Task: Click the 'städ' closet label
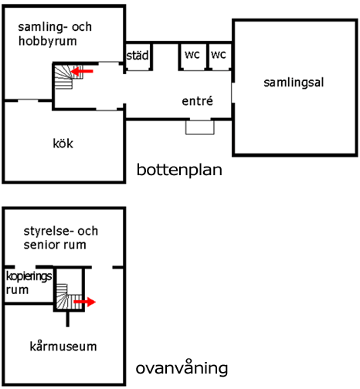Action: tap(138, 56)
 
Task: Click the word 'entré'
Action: tap(197, 101)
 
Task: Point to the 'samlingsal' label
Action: tap(294, 83)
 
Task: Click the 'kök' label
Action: tap(63, 144)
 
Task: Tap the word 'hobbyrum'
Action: tap(48, 41)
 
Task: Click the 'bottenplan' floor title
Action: tap(179, 170)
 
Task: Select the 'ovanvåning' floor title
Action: tap(182, 368)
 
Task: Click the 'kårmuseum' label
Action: tap(63, 346)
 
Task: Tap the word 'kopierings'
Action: tap(29, 277)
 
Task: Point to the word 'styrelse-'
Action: tap(47, 231)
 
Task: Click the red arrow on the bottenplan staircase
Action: tap(82, 71)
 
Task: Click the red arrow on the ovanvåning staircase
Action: tap(85, 302)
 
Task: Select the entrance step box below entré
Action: tap(200, 127)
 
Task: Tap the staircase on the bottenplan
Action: tap(68, 77)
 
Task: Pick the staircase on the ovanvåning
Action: tap(69, 296)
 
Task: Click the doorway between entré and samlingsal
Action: tap(233, 93)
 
